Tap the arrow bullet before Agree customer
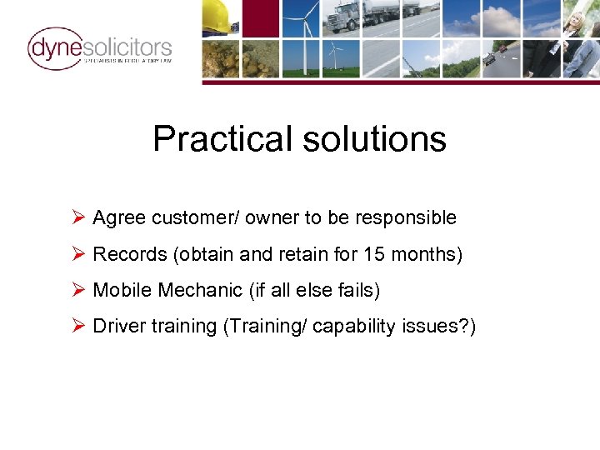click(x=79, y=218)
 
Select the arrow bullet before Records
click(x=79, y=254)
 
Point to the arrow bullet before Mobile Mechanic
click(x=79, y=290)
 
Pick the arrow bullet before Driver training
click(x=79, y=326)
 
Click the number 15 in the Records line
click(x=374, y=254)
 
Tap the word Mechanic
click(x=204, y=290)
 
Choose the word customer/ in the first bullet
click(x=187, y=218)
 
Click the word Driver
click(x=119, y=326)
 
